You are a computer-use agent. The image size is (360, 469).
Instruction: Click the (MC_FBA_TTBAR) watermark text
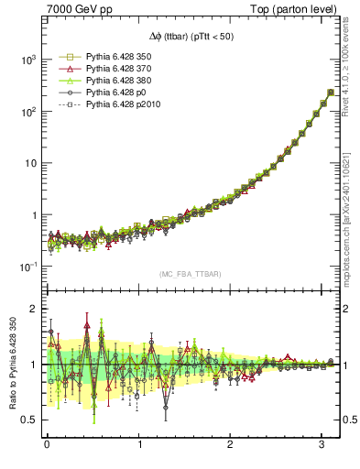[191, 275]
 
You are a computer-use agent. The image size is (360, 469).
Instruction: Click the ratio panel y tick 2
[33, 309]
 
